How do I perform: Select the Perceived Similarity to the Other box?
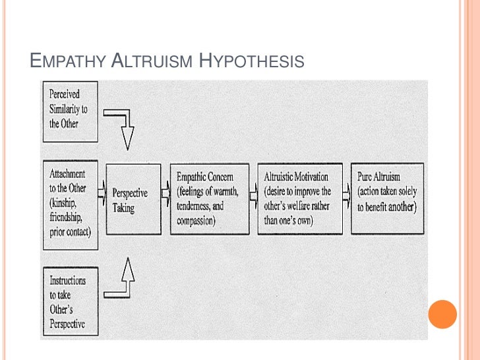pyautogui.click(x=69, y=111)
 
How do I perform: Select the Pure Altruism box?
pyautogui.click(x=388, y=198)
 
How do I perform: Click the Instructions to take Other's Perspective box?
pyautogui.click(x=69, y=300)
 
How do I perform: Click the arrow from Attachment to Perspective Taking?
pyautogui.click(x=102, y=194)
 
